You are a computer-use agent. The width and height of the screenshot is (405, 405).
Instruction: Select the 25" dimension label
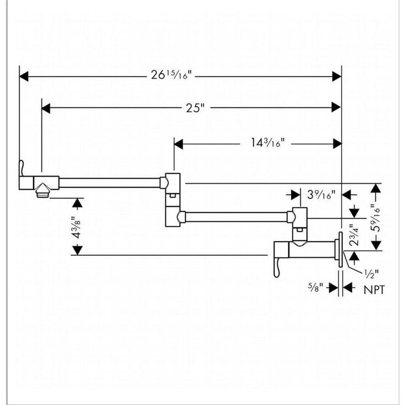click(192, 108)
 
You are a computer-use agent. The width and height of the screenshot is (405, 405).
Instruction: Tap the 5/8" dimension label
click(316, 287)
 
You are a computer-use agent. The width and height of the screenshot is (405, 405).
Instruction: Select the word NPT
click(375, 288)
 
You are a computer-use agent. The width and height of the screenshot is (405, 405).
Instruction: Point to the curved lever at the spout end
click(21, 168)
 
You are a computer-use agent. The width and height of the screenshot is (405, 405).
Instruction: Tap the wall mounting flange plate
click(341, 250)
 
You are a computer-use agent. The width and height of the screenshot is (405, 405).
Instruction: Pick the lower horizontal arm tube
click(237, 217)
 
